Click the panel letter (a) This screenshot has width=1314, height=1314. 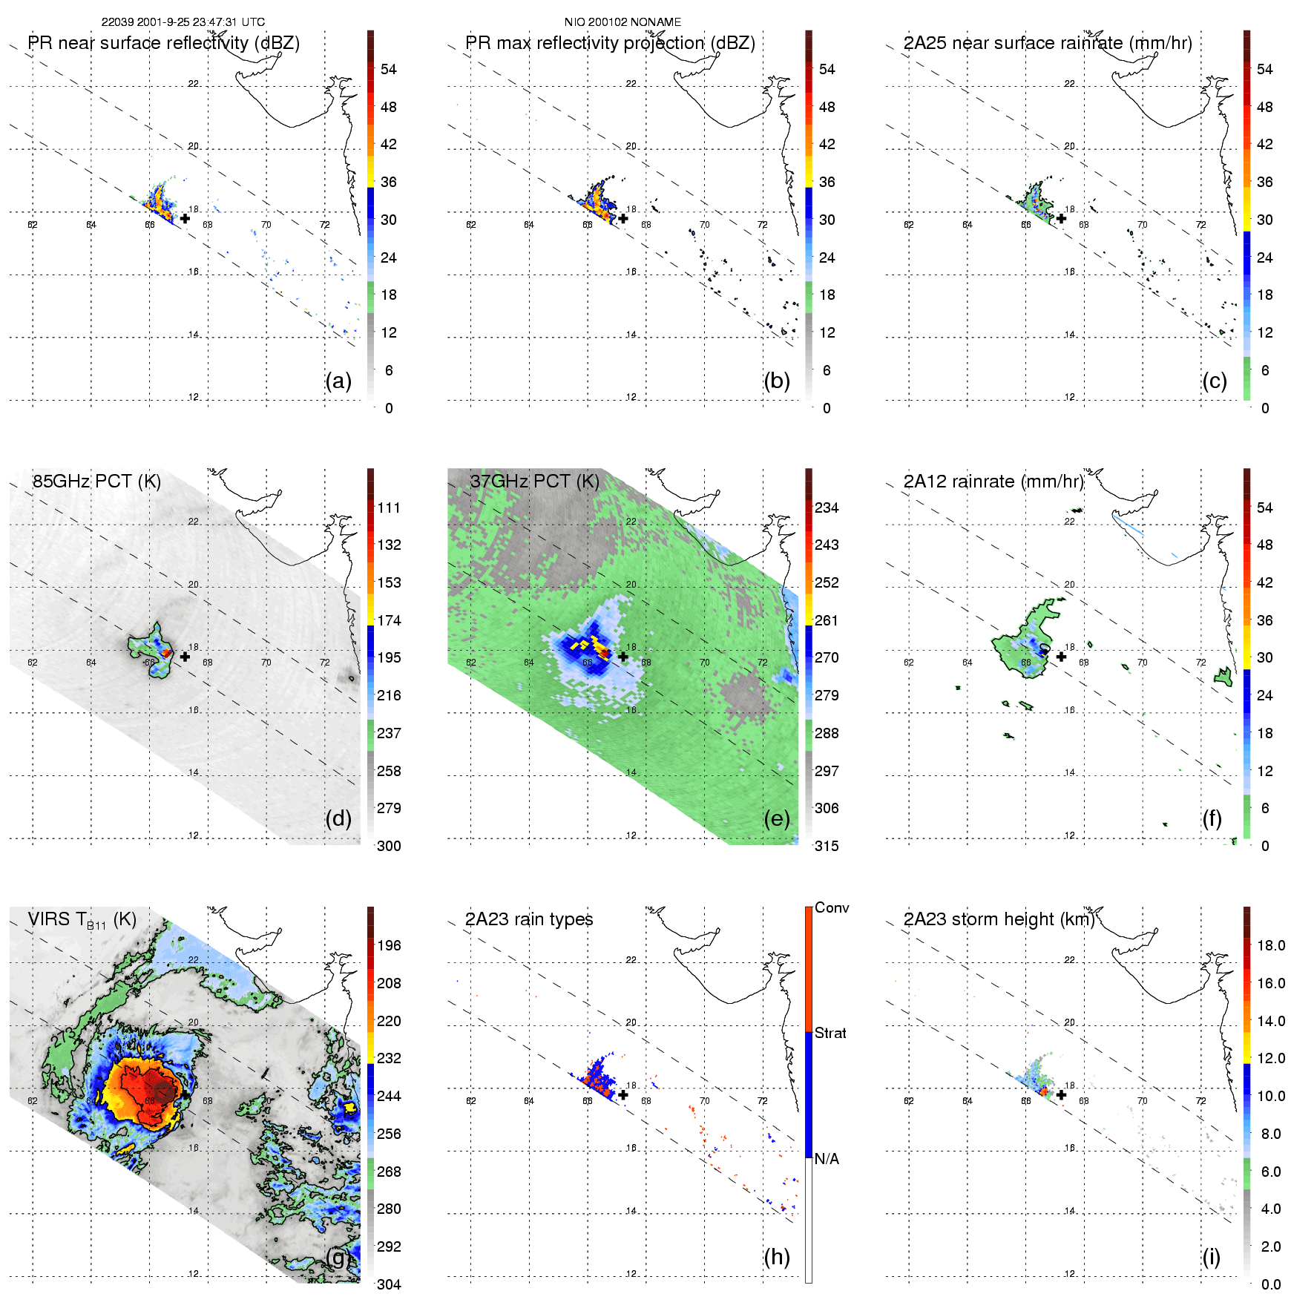[x=338, y=381]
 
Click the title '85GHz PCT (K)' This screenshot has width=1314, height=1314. [x=96, y=482]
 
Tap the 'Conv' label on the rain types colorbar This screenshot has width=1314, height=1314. [x=832, y=907]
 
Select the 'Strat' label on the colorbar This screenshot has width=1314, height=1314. [x=830, y=1033]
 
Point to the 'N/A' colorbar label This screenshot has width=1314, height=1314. [x=827, y=1159]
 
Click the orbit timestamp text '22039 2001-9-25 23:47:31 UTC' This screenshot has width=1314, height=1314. [x=183, y=22]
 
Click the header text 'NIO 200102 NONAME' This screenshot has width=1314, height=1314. [x=622, y=22]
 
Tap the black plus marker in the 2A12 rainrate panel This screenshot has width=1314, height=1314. [x=1061, y=657]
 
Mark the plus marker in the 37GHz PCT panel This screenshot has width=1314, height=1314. [x=623, y=657]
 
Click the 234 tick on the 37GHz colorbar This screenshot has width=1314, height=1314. [x=827, y=507]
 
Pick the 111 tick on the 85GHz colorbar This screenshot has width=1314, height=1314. [x=389, y=507]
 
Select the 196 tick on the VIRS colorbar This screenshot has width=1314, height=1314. [x=389, y=945]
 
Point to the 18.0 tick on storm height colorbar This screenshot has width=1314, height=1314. [x=1271, y=945]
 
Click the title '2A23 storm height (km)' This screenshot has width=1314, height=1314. [x=999, y=919]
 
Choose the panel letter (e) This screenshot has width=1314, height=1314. [x=777, y=819]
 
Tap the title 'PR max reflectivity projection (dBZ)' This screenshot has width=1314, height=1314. [x=610, y=43]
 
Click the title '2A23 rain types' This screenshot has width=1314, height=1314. [x=529, y=919]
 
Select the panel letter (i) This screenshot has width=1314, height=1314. [x=1212, y=1257]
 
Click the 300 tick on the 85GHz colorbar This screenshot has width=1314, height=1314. [x=389, y=846]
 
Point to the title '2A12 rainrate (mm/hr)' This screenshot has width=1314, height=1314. [x=993, y=482]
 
